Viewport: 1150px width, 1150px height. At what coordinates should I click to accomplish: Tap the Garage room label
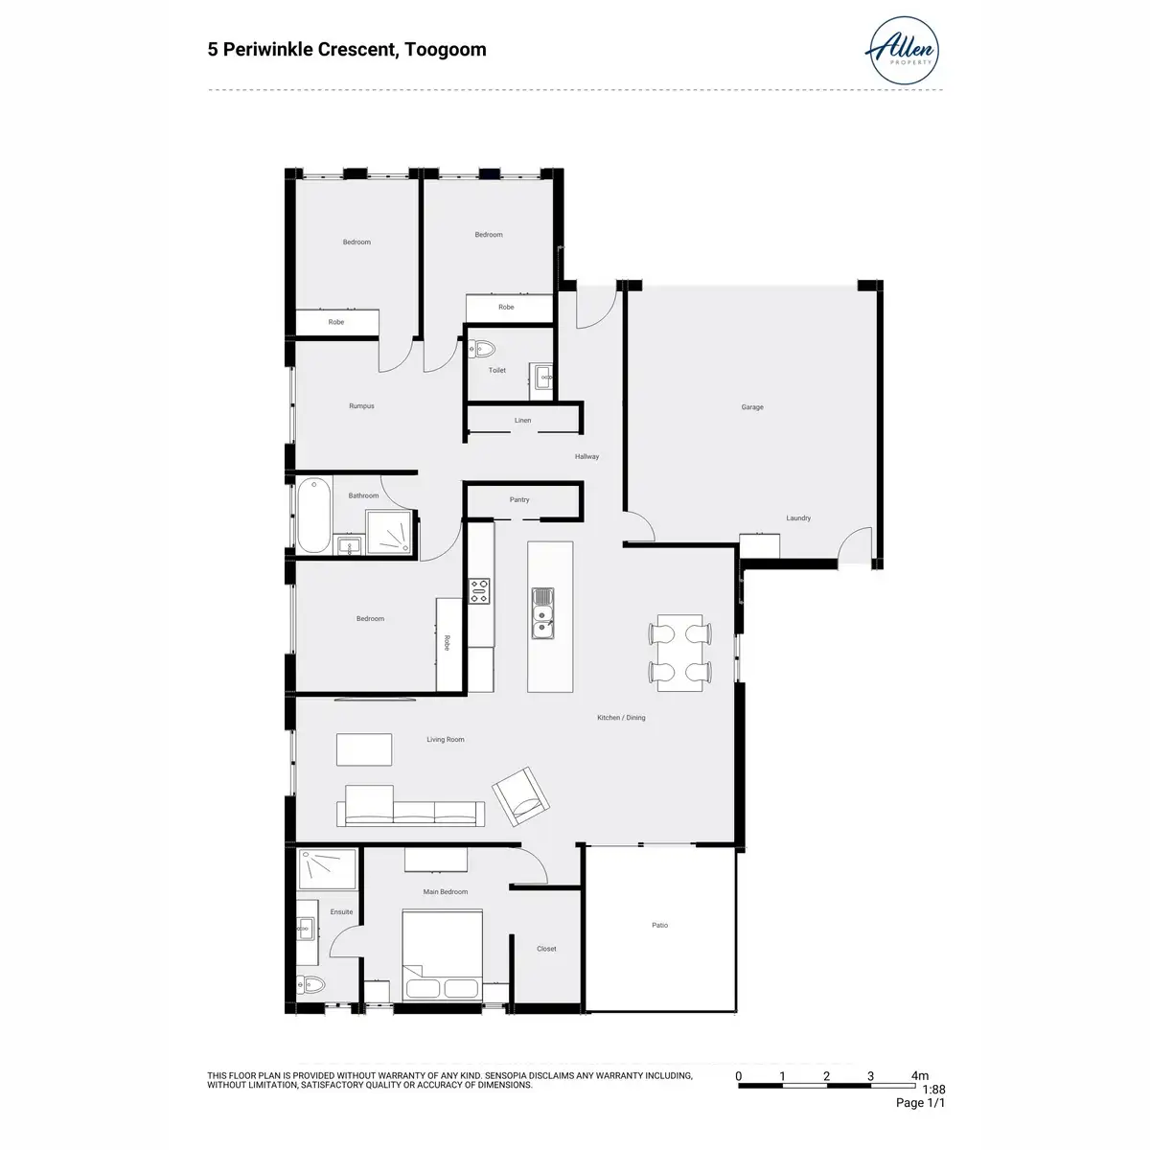[752, 407]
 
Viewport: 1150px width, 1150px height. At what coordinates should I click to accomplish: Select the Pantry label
[519, 499]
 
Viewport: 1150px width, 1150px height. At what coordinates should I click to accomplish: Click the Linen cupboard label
[523, 420]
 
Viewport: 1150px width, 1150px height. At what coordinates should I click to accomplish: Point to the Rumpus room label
[361, 405]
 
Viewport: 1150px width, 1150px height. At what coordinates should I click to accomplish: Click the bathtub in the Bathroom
[314, 515]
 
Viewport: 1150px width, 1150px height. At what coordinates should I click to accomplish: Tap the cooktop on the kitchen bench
[478, 590]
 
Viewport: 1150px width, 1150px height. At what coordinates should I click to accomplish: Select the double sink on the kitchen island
[542, 613]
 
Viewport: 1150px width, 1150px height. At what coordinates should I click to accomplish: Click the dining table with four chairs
[679, 653]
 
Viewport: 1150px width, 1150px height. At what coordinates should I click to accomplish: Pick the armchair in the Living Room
[520, 796]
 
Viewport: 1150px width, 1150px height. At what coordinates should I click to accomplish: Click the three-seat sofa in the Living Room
[410, 806]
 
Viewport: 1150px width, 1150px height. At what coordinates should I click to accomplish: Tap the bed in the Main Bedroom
[442, 954]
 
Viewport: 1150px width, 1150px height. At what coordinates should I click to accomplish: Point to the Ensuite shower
[327, 869]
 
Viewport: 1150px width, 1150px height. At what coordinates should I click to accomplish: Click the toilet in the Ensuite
[310, 983]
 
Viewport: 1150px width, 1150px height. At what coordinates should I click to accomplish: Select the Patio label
[660, 925]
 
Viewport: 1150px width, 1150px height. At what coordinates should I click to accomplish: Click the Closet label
[546, 949]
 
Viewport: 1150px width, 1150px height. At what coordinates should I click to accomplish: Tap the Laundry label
[798, 518]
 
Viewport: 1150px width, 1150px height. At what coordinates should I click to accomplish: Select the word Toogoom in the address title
[446, 50]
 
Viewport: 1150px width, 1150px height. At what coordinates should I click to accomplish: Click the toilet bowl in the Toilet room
[482, 349]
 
